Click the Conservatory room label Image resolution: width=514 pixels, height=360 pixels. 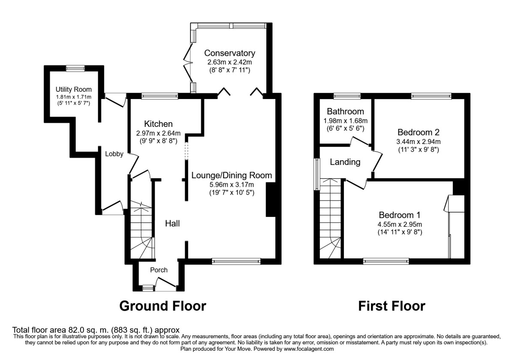coord(230,53)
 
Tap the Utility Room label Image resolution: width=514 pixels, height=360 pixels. coord(74,90)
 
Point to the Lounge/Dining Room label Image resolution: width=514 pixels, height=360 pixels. coord(231,175)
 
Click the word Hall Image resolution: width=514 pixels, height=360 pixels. coord(173,223)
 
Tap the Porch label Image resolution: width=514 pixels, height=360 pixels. coord(158,270)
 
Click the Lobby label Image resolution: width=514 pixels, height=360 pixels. coord(114,154)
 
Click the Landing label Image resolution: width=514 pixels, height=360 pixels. coord(345,162)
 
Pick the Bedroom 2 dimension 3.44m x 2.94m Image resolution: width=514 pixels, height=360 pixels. coord(418,141)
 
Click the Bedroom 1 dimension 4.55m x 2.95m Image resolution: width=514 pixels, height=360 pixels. coord(400,224)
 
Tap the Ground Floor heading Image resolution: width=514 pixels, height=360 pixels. coord(162,306)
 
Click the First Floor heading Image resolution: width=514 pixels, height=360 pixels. coord(391,306)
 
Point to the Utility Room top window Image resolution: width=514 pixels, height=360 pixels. coord(75,68)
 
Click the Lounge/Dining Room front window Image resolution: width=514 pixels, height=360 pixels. coord(236,260)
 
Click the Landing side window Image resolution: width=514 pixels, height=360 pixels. coord(317,174)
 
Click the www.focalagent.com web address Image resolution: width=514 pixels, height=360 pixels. coord(305,349)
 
